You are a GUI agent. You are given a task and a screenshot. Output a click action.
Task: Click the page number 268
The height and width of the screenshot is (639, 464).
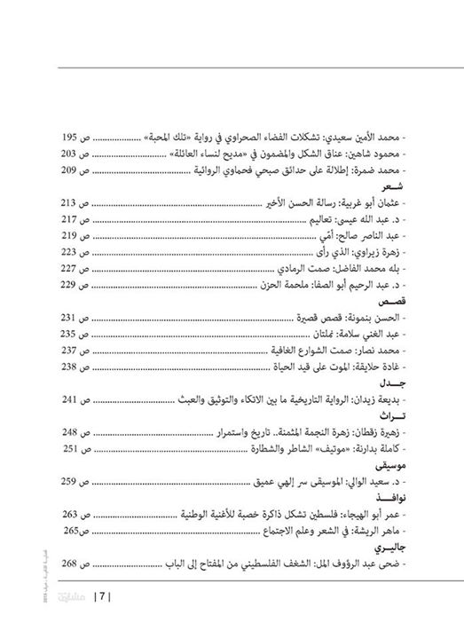point(71,562)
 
